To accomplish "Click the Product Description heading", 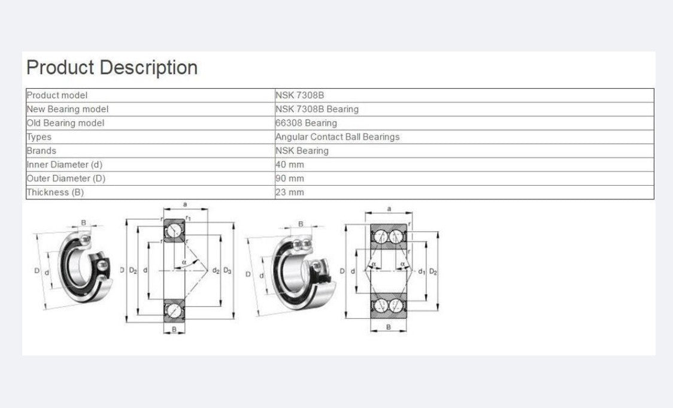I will click(x=112, y=68).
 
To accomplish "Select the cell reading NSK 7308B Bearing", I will click(x=317, y=109).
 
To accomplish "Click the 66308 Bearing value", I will click(x=306, y=123).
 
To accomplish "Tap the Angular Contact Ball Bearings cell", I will click(x=337, y=137).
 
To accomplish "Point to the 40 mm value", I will click(x=290, y=165).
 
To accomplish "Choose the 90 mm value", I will click(x=290, y=179).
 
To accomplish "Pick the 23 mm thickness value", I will click(x=290, y=192).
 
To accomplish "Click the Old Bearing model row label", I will click(x=65, y=123).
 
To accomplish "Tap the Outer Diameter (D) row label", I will click(x=66, y=179).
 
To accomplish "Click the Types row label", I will click(x=39, y=137).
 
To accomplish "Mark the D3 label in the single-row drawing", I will click(x=228, y=271).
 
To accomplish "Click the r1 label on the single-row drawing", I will click(x=189, y=219).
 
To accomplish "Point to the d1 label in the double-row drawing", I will click(x=422, y=271).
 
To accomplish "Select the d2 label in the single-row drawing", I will click(x=216, y=271).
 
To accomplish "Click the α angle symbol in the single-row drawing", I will click(x=184, y=262).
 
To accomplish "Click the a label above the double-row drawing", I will click(x=389, y=208).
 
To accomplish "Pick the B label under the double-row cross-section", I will click(x=388, y=327).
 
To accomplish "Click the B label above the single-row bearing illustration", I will click(x=83, y=222).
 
